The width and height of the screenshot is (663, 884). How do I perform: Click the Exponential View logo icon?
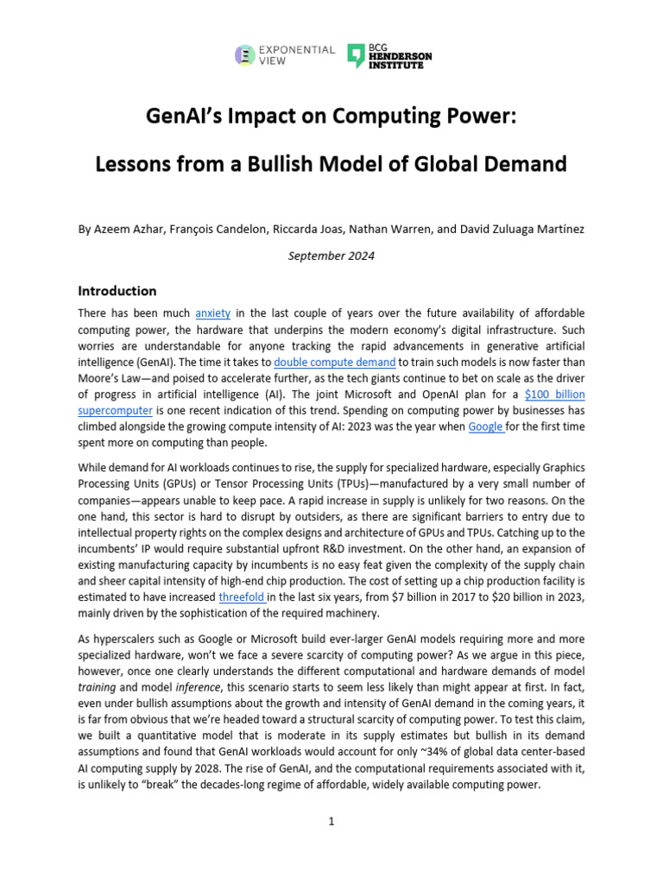point(245,55)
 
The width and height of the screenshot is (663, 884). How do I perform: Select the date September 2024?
point(331,256)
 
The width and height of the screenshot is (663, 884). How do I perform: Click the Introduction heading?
point(117,291)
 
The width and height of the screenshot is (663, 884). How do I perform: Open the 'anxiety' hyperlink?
point(212,313)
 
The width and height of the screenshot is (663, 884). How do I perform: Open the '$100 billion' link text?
point(554,395)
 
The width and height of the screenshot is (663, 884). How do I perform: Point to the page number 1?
point(331,821)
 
